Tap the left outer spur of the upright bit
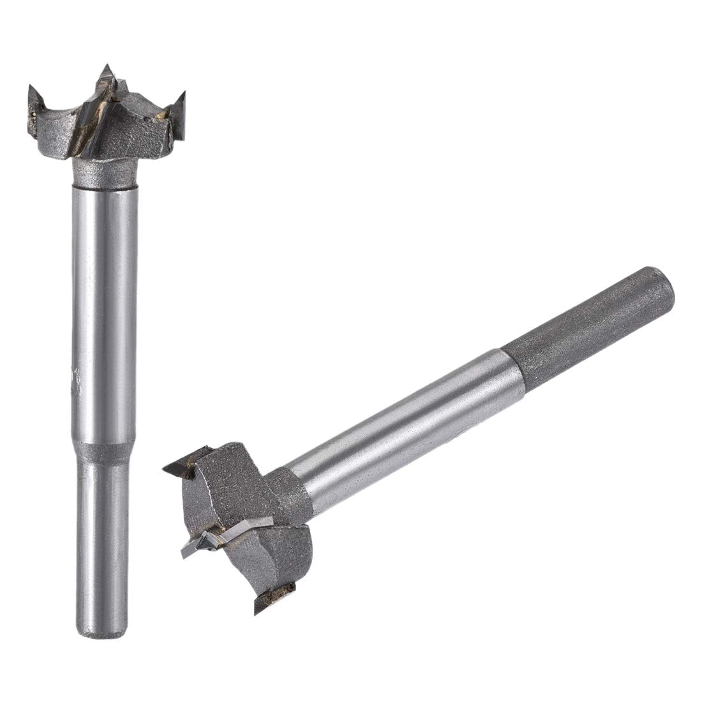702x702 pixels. pos(33,102)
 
